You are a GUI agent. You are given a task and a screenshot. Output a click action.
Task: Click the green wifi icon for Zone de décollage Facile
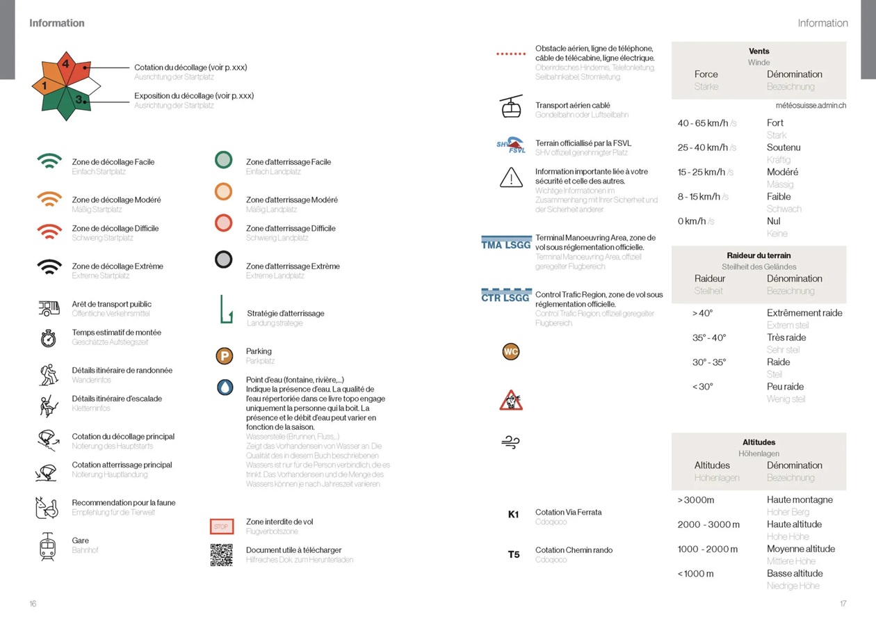coord(49,161)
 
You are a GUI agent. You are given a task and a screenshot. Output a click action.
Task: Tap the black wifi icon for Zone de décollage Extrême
coord(49,266)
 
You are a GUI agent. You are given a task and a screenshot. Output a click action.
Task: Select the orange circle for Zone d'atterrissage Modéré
coord(223,191)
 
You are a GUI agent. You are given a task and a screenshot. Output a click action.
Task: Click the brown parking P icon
coord(224,356)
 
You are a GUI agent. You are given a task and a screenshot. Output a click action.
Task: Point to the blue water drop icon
coord(225,387)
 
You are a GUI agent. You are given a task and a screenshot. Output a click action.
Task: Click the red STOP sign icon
coord(221,527)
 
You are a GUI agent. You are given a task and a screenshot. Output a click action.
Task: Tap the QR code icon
coord(221,554)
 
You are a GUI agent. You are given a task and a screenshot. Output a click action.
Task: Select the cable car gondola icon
coord(511,106)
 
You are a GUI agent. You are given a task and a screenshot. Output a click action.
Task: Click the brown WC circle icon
coord(511,352)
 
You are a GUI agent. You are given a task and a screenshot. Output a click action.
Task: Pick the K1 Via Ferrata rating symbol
coord(514,515)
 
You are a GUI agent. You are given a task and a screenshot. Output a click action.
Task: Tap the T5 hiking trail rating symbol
coord(514,554)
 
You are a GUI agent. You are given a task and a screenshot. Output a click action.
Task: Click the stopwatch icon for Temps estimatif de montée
coord(48,338)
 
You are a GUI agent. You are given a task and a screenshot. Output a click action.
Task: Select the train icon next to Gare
coord(48,546)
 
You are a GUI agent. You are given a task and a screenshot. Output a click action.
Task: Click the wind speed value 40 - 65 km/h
coord(703,123)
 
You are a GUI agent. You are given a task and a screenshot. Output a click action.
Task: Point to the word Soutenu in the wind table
coord(784,147)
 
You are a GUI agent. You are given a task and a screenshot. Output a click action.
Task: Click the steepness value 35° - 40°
coord(709,337)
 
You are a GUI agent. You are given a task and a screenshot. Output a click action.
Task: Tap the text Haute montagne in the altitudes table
coord(800,499)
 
